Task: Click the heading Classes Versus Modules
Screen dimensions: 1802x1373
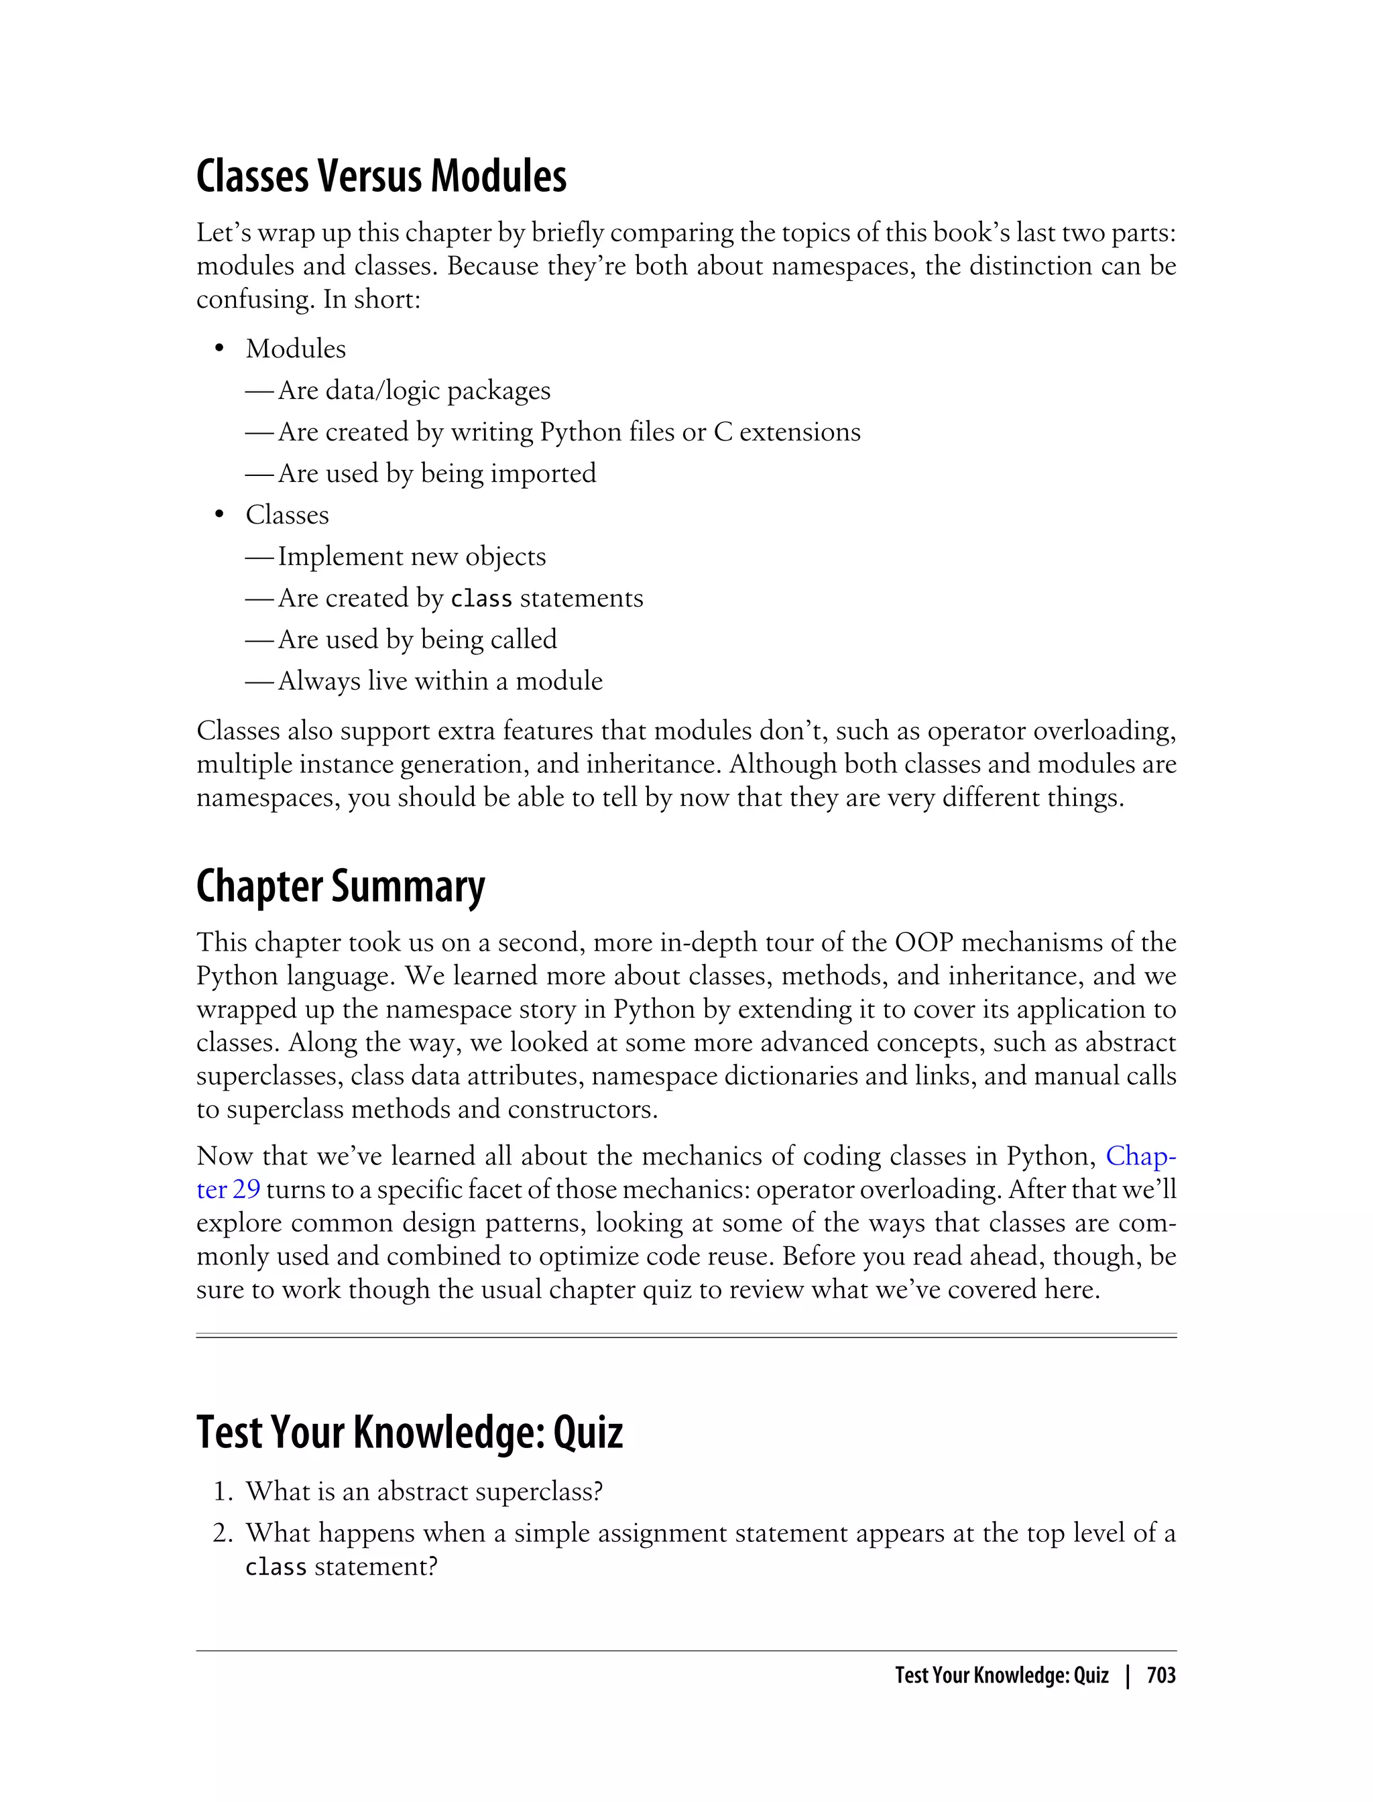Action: click(x=381, y=176)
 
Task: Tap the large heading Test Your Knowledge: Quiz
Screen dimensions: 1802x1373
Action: click(x=410, y=1433)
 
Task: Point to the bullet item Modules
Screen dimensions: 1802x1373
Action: click(x=296, y=349)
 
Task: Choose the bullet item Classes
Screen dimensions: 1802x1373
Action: click(x=287, y=515)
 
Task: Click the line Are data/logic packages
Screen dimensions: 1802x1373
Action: click(x=414, y=391)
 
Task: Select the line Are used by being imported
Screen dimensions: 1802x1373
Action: click(x=436, y=473)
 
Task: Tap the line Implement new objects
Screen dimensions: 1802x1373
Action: click(x=411, y=556)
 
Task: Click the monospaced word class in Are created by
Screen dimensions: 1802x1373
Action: click(x=481, y=599)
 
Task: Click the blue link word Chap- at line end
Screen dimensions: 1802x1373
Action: click(x=1141, y=1156)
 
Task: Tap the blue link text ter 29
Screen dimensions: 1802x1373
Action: click(x=228, y=1190)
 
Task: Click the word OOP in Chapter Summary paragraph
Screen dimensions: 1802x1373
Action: click(x=924, y=943)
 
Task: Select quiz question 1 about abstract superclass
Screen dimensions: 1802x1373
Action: click(x=424, y=1492)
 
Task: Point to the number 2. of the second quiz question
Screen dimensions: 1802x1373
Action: click(x=223, y=1533)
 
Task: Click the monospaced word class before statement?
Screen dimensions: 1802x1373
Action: click(x=276, y=1567)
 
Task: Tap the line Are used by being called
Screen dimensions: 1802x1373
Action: click(x=417, y=639)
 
